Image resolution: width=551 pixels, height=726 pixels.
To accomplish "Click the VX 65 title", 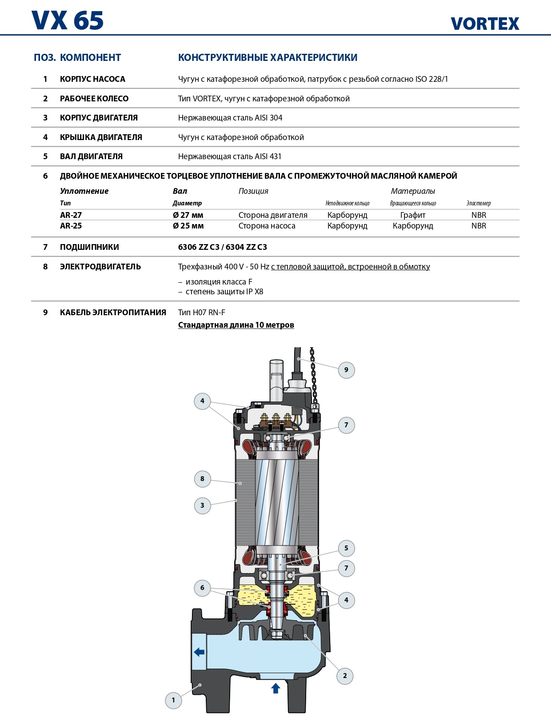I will click(x=68, y=20).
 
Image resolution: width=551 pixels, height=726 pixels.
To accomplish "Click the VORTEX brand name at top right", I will click(x=485, y=24).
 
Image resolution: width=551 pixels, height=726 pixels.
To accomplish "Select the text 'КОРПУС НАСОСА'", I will click(x=92, y=79).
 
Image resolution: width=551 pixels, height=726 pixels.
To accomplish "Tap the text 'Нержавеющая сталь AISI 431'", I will click(x=230, y=156).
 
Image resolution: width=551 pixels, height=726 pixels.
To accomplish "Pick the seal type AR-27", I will click(x=71, y=215).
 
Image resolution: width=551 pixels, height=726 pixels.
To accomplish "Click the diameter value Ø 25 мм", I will click(x=188, y=226).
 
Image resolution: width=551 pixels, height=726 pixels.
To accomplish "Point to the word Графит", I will click(x=413, y=215).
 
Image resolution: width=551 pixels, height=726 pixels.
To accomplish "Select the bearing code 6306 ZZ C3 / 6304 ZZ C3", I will click(x=223, y=247).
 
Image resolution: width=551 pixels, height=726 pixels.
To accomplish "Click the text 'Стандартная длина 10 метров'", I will click(x=236, y=325).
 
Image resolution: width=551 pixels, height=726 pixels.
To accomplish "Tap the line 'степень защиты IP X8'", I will click(x=224, y=292).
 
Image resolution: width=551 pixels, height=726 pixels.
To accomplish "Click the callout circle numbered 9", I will click(x=347, y=370).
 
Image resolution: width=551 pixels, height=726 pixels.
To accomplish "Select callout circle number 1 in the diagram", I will click(x=173, y=700).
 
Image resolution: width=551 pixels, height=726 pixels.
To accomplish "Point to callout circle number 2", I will click(x=345, y=676).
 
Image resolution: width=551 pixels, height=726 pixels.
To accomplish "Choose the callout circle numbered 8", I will click(x=202, y=479).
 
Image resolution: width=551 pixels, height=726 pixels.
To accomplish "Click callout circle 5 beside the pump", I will click(x=347, y=548).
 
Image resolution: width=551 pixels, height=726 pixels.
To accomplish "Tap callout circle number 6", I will click(x=202, y=588).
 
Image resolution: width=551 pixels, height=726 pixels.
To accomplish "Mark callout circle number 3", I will click(x=202, y=505).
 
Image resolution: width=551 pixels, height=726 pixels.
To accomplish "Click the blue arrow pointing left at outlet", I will click(x=199, y=652).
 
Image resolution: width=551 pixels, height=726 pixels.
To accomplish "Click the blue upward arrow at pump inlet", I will click(x=275, y=688).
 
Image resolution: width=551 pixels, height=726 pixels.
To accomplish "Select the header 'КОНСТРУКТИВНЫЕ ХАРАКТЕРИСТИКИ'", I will click(x=268, y=58).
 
